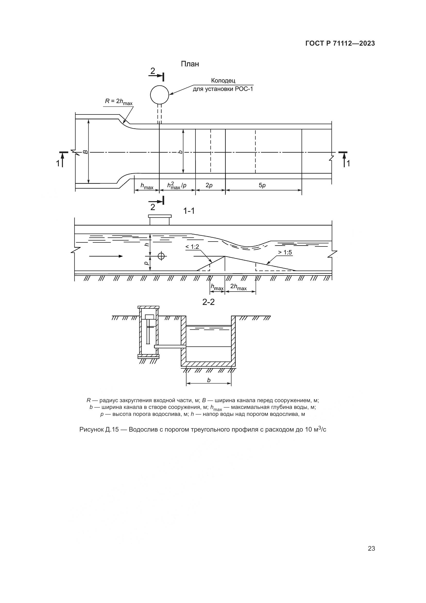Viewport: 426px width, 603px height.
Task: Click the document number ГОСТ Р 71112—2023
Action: (340, 44)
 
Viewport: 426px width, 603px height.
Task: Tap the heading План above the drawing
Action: (190, 64)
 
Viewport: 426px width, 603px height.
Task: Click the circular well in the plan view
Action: (159, 95)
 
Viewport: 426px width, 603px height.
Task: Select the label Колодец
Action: (223, 81)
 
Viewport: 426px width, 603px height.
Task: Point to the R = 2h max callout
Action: (119, 101)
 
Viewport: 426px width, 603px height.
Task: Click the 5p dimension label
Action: (262, 185)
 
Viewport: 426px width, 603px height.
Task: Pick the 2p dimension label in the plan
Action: (209, 185)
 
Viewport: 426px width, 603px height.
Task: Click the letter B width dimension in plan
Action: (85, 152)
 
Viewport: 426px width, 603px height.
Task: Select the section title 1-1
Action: (189, 211)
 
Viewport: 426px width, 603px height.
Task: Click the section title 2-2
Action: (209, 302)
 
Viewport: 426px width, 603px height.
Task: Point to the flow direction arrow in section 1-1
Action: (106, 256)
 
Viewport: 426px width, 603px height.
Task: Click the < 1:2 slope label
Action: (192, 247)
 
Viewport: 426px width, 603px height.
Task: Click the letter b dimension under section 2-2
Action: (209, 380)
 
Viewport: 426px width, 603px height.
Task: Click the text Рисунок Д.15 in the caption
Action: (99, 430)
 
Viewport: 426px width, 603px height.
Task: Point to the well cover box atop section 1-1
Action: (160, 220)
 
